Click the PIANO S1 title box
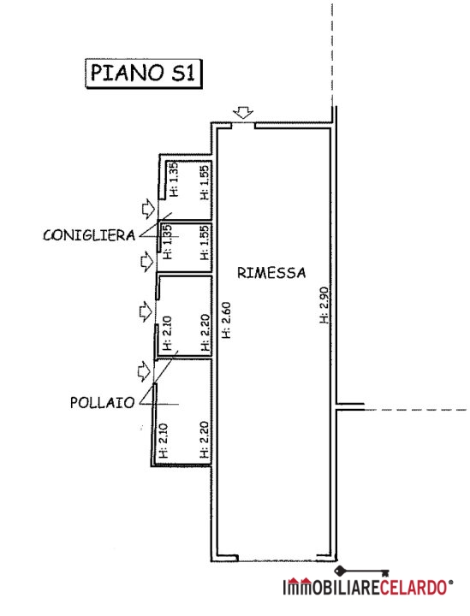click(144, 73)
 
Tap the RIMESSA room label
click(271, 273)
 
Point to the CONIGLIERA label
click(89, 235)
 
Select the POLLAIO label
click(102, 403)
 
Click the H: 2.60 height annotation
click(226, 320)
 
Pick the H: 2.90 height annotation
click(324, 305)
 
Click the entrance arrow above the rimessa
click(243, 113)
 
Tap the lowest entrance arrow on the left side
click(144, 371)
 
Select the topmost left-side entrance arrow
click(148, 208)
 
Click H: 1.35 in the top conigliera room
click(173, 179)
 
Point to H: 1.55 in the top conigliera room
click(205, 182)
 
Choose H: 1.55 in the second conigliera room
click(205, 242)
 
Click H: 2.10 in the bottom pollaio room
click(164, 440)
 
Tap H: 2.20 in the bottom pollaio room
click(205, 440)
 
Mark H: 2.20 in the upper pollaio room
click(205, 333)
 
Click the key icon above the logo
click(361, 572)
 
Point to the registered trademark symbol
click(451, 583)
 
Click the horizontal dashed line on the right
click(417, 410)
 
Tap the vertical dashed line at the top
click(332, 55)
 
